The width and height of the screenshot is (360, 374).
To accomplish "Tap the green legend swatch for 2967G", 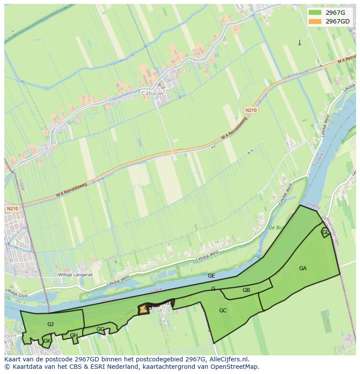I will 315,12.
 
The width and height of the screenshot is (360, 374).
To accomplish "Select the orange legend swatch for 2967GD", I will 315,21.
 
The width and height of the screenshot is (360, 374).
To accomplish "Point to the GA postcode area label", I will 303,268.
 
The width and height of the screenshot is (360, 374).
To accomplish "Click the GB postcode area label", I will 246,290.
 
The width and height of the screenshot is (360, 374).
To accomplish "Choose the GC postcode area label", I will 223,311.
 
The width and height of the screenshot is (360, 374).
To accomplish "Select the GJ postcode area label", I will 50,324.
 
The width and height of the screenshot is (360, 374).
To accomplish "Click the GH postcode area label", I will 74,335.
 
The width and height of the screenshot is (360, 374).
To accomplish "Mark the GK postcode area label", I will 47,341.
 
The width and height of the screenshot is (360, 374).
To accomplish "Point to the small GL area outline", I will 325,232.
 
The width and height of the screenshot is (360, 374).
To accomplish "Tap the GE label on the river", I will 211,276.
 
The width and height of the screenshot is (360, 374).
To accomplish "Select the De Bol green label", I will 276,228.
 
